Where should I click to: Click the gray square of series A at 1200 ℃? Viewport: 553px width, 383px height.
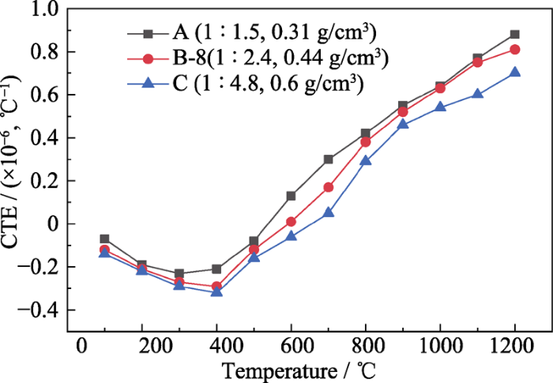tap(514, 35)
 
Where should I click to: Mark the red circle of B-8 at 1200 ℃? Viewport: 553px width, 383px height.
tap(514, 49)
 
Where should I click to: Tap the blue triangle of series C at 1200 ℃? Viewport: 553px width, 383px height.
tap(514, 72)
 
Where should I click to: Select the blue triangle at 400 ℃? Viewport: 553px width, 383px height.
tap(216, 291)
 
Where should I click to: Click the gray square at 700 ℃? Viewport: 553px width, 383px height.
tap(328, 159)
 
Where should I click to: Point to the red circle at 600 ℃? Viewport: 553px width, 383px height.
tap(291, 222)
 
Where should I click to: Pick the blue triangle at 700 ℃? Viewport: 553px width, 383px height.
tap(328, 212)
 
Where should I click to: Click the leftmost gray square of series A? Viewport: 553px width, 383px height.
tap(104, 238)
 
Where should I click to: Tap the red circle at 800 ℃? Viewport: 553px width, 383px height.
tap(365, 142)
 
